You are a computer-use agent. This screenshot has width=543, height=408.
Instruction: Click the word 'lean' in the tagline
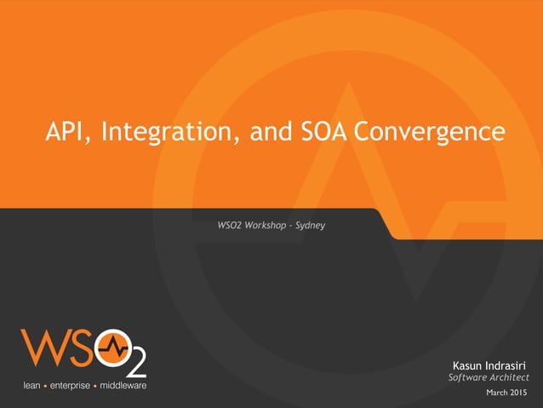(32, 386)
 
